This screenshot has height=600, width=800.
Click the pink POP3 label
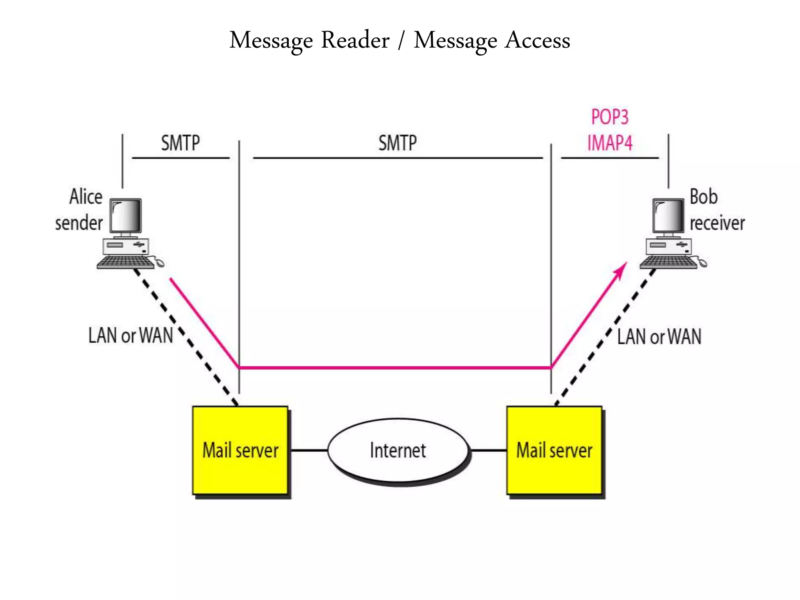(x=609, y=117)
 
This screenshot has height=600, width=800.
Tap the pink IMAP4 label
(x=610, y=143)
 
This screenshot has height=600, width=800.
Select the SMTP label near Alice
(x=180, y=143)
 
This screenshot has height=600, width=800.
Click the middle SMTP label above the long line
(x=398, y=143)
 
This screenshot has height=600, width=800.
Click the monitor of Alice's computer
(x=125, y=216)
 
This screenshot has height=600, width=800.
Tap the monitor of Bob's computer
(x=668, y=216)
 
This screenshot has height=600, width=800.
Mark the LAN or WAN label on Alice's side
(x=130, y=336)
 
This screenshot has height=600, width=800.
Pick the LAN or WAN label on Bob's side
(x=659, y=337)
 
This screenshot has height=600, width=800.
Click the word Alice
(x=86, y=196)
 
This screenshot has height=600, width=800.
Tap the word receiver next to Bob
(x=717, y=223)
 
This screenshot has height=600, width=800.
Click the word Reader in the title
(x=355, y=40)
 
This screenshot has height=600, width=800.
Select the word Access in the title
(x=537, y=40)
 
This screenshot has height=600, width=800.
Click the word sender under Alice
(x=79, y=223)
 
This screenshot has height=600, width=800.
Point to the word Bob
(x=704, y=196)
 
